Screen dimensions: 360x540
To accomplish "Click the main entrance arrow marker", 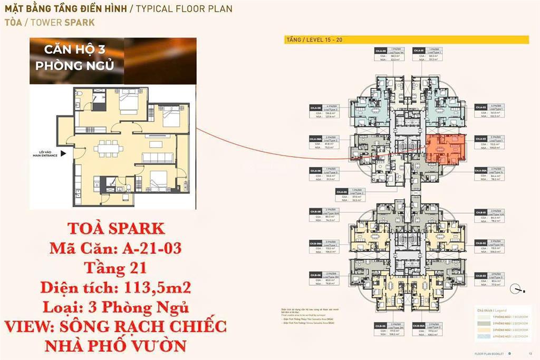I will [63, 154].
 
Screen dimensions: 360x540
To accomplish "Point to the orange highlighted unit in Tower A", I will [446, 150].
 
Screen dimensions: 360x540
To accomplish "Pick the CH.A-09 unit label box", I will [381, 51].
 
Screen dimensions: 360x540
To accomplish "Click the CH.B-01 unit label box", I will [480, 213].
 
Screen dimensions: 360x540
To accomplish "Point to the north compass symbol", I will [516, 289].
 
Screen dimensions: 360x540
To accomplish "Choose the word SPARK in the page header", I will [80, 23].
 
